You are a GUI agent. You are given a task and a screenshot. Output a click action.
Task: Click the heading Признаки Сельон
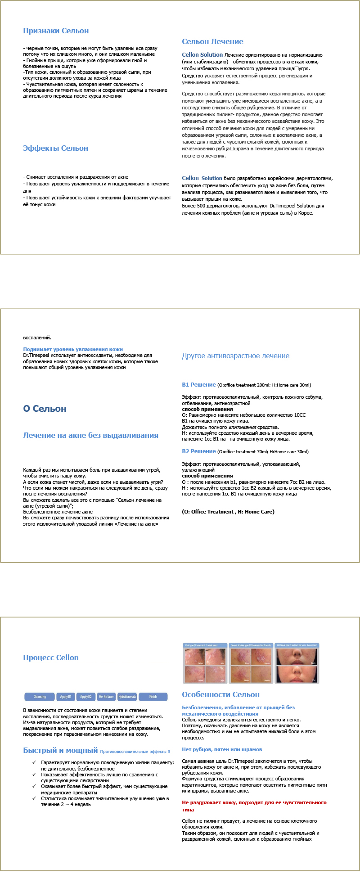[x=56, y=31]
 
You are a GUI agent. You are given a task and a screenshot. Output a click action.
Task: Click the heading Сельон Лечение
[x=212, y=42]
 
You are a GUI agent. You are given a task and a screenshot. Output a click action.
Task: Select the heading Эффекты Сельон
[x=55, y=149]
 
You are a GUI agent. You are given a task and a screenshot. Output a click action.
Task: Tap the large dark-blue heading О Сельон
[x=45, y=409]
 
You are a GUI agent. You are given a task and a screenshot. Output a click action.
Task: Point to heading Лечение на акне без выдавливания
[x=90, y=436]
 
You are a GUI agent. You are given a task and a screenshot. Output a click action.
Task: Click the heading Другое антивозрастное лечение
[x=235, y=356]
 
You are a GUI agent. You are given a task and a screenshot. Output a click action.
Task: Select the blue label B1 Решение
[x=198, y=385]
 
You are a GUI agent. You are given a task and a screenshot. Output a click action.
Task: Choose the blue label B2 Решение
[x=198, y=451]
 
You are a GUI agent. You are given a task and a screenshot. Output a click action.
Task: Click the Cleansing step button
[x=40, y=697]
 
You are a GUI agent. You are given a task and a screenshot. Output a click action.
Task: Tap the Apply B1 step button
[x=66, y=697]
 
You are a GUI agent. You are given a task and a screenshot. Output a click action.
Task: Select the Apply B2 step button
[x=85, y=697]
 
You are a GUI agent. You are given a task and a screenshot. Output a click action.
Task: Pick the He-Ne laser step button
[x=106, y=697]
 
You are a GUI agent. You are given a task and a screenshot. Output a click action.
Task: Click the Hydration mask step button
[x=127, y=697]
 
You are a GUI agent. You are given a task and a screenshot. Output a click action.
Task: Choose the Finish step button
[x=153, y=697]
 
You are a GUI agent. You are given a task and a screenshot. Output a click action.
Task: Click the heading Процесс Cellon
[x=51, y=658]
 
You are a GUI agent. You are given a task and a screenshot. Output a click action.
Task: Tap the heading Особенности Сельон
[x=220, y=695]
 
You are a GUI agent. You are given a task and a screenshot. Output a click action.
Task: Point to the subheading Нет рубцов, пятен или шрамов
[x=222, y=749]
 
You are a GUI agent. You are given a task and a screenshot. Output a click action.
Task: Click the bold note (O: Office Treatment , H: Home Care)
[x=228, y=512]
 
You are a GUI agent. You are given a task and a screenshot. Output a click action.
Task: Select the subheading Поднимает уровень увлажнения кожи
[x=73, y=349]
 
